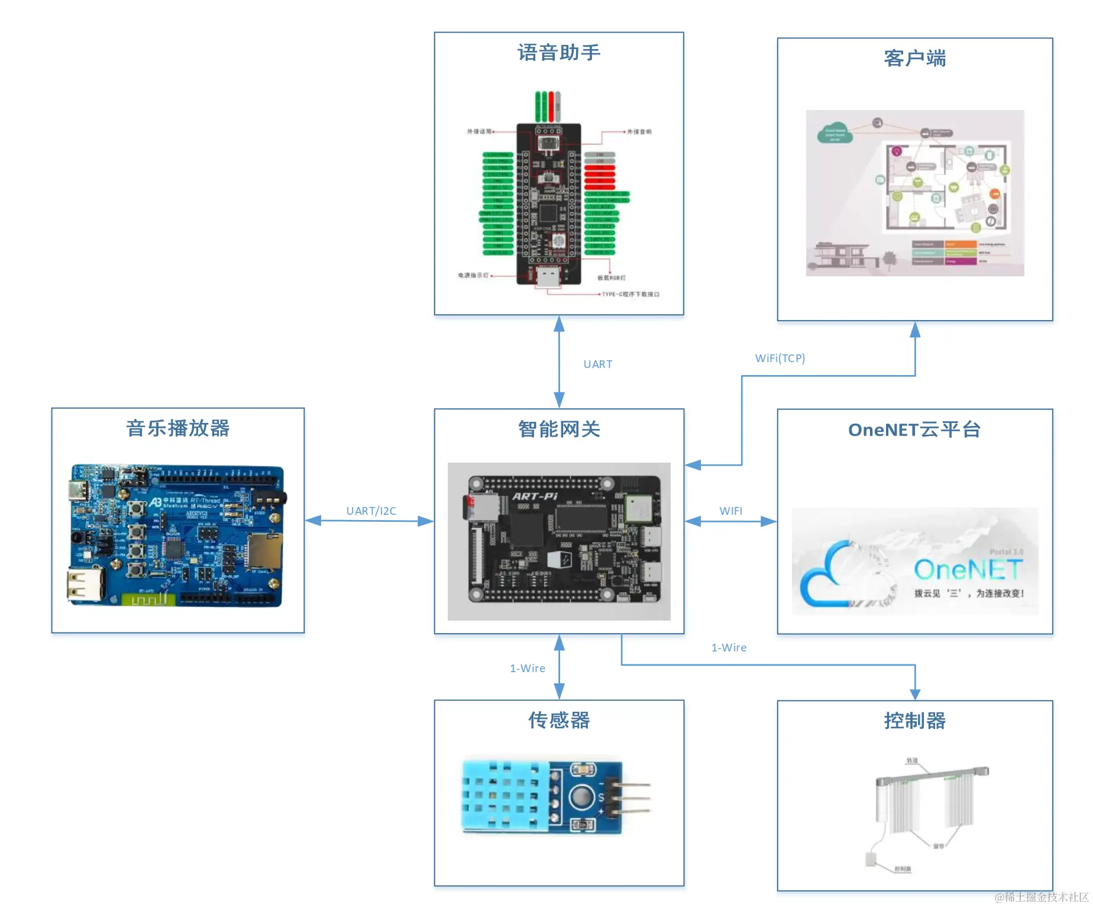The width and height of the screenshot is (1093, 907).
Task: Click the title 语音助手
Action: click(559, 53)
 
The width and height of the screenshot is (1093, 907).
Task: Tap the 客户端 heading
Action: click(914, 59)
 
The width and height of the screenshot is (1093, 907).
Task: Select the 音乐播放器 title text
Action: click(177, 428)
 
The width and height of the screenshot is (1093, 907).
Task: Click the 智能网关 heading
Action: click(559, 429)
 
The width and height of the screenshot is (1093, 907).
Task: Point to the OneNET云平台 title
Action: click(914, 430)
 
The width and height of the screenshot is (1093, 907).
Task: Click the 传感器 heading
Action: click(559, 720)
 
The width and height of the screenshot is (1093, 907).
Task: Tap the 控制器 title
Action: click(914, 721)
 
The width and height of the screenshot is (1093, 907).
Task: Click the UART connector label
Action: click(597, 364)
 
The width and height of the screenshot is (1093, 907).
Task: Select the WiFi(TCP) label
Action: click(780, 358)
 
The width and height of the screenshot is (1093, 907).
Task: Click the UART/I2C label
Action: click(371, 511)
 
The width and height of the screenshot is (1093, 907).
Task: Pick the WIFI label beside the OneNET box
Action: click(730, 511)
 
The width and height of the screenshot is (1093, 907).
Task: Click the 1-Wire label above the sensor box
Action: click(528, 668)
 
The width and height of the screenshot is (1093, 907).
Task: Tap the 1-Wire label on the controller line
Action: click(729, 647)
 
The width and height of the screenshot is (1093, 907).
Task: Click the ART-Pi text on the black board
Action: click(535, 496)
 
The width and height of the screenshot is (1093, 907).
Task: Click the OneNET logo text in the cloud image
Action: click(968, 570)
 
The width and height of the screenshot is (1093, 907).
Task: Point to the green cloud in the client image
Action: click(835, 134)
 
